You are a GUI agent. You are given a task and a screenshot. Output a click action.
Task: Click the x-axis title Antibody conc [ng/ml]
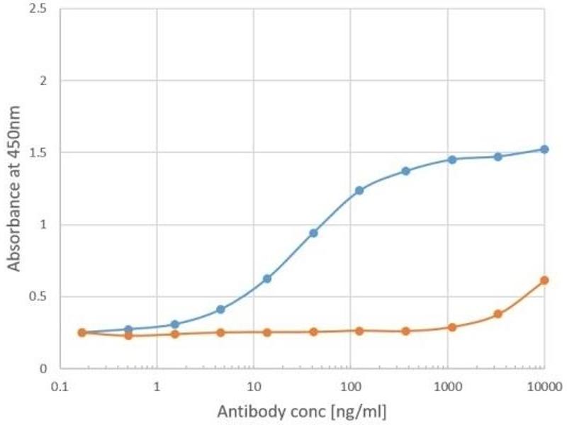click(302, 411)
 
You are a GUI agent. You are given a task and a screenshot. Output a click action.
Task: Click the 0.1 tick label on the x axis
click(60, 386)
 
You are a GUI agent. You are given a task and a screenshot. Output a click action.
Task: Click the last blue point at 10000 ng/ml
click(544, 149)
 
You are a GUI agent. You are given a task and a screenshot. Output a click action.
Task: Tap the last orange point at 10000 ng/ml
click(544, 280)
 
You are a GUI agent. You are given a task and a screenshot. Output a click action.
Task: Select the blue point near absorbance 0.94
click(313, 233)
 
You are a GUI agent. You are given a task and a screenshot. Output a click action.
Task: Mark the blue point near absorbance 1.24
click(359, 191)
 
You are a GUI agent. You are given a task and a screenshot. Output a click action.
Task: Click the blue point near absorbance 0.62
click(267, 278)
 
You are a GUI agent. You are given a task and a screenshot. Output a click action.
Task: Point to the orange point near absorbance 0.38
click(498, 314)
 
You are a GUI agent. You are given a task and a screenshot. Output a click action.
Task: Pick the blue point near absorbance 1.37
click(406, 171)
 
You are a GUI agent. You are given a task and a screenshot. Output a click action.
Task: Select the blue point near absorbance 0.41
click(221, 310)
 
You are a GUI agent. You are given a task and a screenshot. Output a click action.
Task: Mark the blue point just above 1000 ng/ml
click(452, 159)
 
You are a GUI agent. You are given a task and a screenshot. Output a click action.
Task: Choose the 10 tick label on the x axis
click(253, 386)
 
